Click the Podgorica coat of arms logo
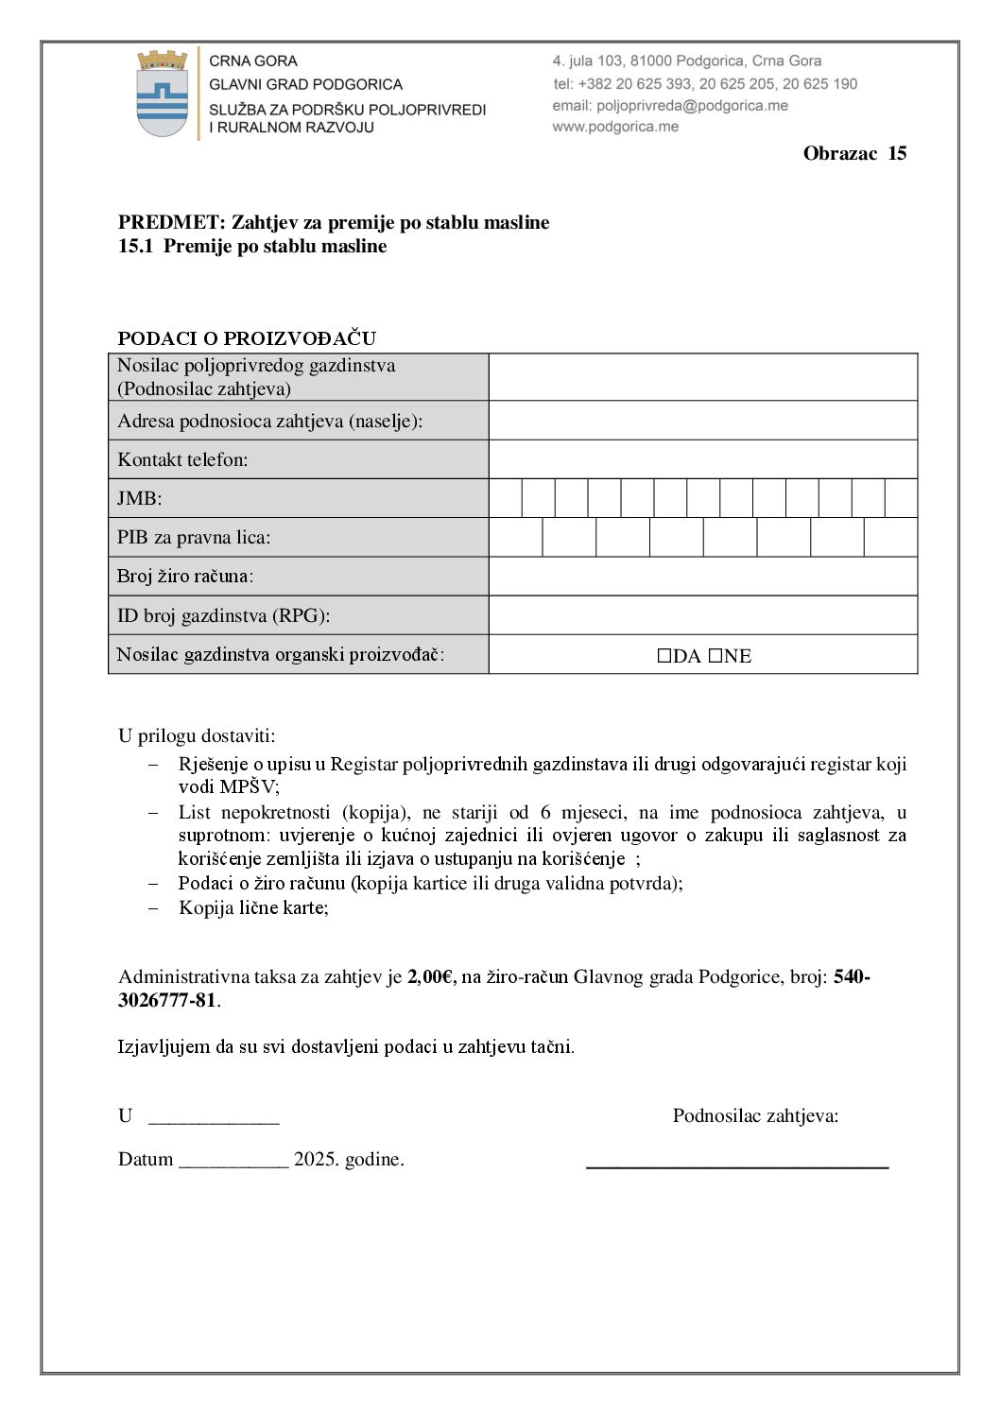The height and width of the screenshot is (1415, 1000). point(163,95)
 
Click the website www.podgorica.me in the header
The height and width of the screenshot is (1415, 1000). point(615,127)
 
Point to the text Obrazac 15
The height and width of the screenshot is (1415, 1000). point(854,153)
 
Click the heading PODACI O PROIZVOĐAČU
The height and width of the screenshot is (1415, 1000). point(247,338)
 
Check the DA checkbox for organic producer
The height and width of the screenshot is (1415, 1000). point(664,656)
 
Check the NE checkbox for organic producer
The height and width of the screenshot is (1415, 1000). point(716,656)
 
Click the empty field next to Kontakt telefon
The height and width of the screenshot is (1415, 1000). point(702,459)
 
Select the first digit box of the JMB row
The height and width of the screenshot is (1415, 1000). point(506,498)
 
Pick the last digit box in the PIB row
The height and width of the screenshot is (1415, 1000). point(890,537)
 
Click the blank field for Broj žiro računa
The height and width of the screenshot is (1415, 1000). point(702,576)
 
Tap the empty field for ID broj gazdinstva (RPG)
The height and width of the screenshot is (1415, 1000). point(702,615)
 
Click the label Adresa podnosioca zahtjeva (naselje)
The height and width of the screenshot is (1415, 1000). point(269,421)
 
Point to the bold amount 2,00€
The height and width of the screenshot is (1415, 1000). point(431,977)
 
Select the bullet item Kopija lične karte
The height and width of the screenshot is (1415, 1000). point(253,907)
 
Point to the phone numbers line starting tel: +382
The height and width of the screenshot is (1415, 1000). point(705,84)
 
